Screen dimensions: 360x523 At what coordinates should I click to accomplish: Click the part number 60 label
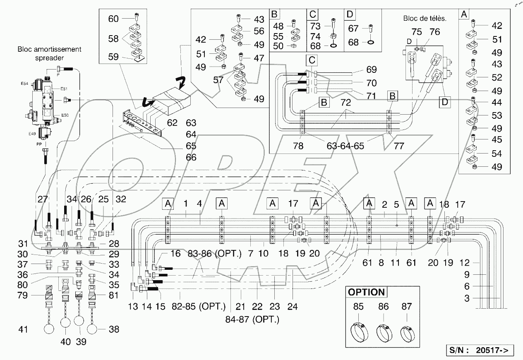(x=113, y=19)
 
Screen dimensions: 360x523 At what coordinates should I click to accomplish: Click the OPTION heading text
(x=366, y=292)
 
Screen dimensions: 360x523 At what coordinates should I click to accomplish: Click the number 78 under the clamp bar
(x=298, y=146)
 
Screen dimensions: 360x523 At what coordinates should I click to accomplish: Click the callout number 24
(x=292, y=307)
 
